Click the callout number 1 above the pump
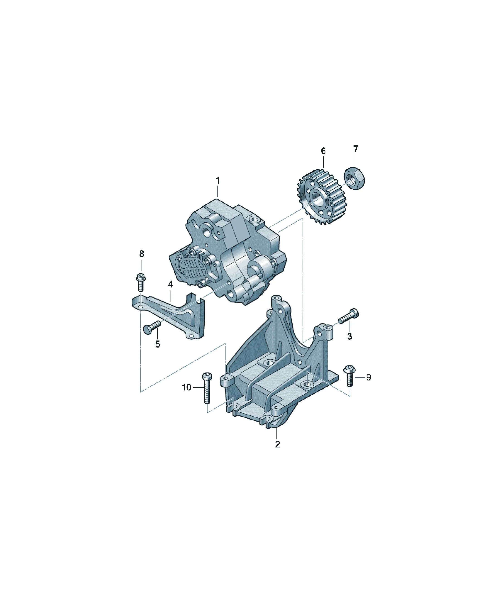(x=218, y=181)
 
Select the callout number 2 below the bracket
(x=277, y=444)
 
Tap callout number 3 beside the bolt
(x=349, y=336)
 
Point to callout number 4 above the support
(x=170, y=285)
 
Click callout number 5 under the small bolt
(x=158, y=344)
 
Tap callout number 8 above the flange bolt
(x=142, y=253)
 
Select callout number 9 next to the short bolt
(x=368, y=377)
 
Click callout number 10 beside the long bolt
(x=187, y=387)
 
